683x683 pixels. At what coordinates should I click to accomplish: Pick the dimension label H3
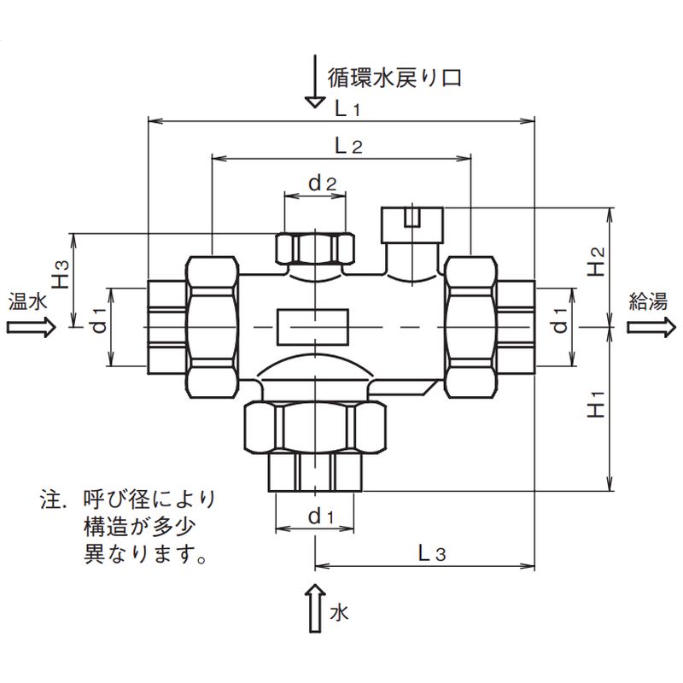60,275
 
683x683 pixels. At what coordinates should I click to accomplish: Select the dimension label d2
323,183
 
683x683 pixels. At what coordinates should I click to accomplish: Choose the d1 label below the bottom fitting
318,516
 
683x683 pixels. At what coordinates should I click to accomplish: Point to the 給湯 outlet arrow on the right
653,327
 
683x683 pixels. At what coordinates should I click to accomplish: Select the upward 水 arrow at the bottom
315,607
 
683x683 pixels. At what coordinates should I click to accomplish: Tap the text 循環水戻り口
394,78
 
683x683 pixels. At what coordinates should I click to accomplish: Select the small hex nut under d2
315,248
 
